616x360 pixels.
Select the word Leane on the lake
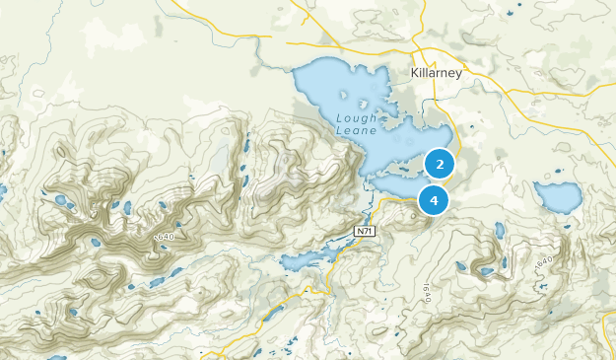[356, 129]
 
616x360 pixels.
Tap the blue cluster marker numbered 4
[434, 200]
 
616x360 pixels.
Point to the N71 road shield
[365, 230]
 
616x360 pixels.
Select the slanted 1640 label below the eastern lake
[541, 267]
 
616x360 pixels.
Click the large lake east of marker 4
[558, 197]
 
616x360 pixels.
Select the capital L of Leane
[339, 129]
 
